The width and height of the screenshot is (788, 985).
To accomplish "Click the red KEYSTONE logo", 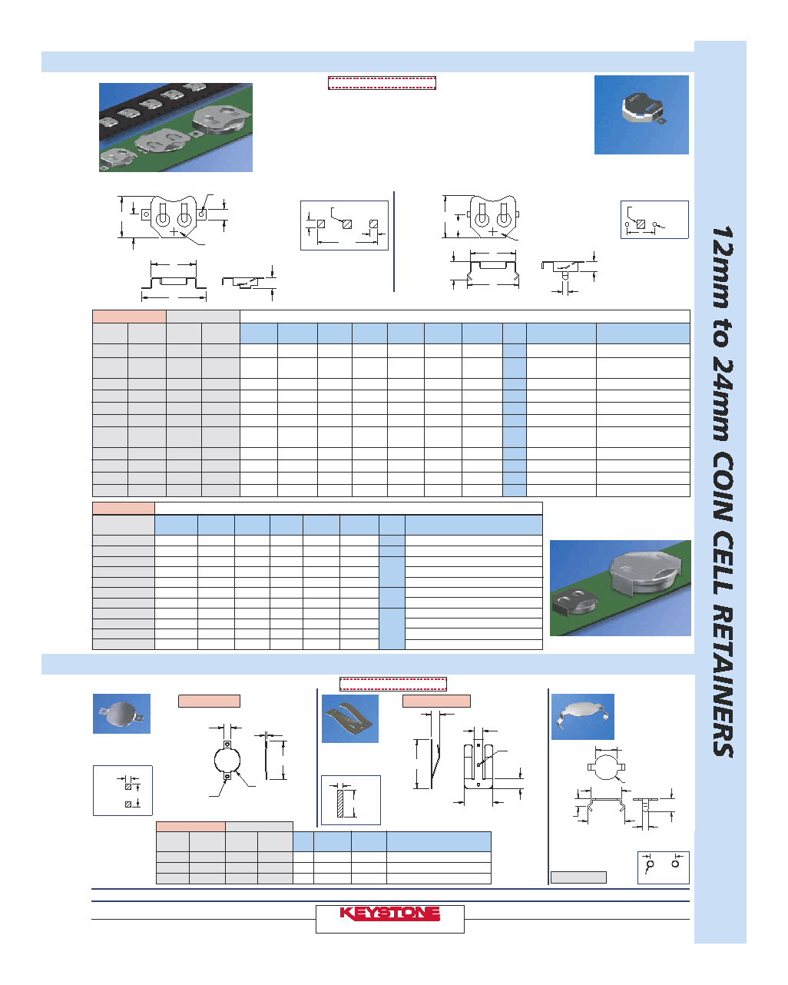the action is (x=389, y=913).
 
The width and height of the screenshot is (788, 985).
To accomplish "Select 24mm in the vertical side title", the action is (x=723, y=400).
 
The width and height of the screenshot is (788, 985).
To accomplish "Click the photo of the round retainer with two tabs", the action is (x=121, y=714).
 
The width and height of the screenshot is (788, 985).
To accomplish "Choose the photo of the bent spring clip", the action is (x=350, y=718).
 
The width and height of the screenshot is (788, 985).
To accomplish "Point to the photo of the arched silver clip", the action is (x=582, y=717).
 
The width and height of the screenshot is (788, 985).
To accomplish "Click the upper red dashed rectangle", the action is (x=382, y=83).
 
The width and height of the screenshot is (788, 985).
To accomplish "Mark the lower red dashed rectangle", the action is (x=393, y=685).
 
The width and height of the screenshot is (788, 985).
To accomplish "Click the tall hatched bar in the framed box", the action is (x=340, y=803).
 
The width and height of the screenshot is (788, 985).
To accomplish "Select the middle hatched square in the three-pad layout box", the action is (x=347, y=224).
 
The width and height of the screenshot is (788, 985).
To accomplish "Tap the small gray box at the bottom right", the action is (x=578, y=877).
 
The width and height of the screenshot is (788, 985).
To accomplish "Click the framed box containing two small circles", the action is (x=663, y=867).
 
